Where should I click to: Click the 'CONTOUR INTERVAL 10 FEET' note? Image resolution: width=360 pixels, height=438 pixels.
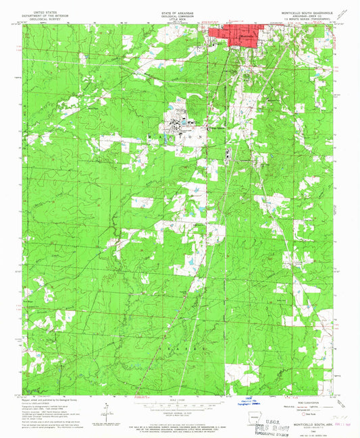(x=179, y=414)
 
